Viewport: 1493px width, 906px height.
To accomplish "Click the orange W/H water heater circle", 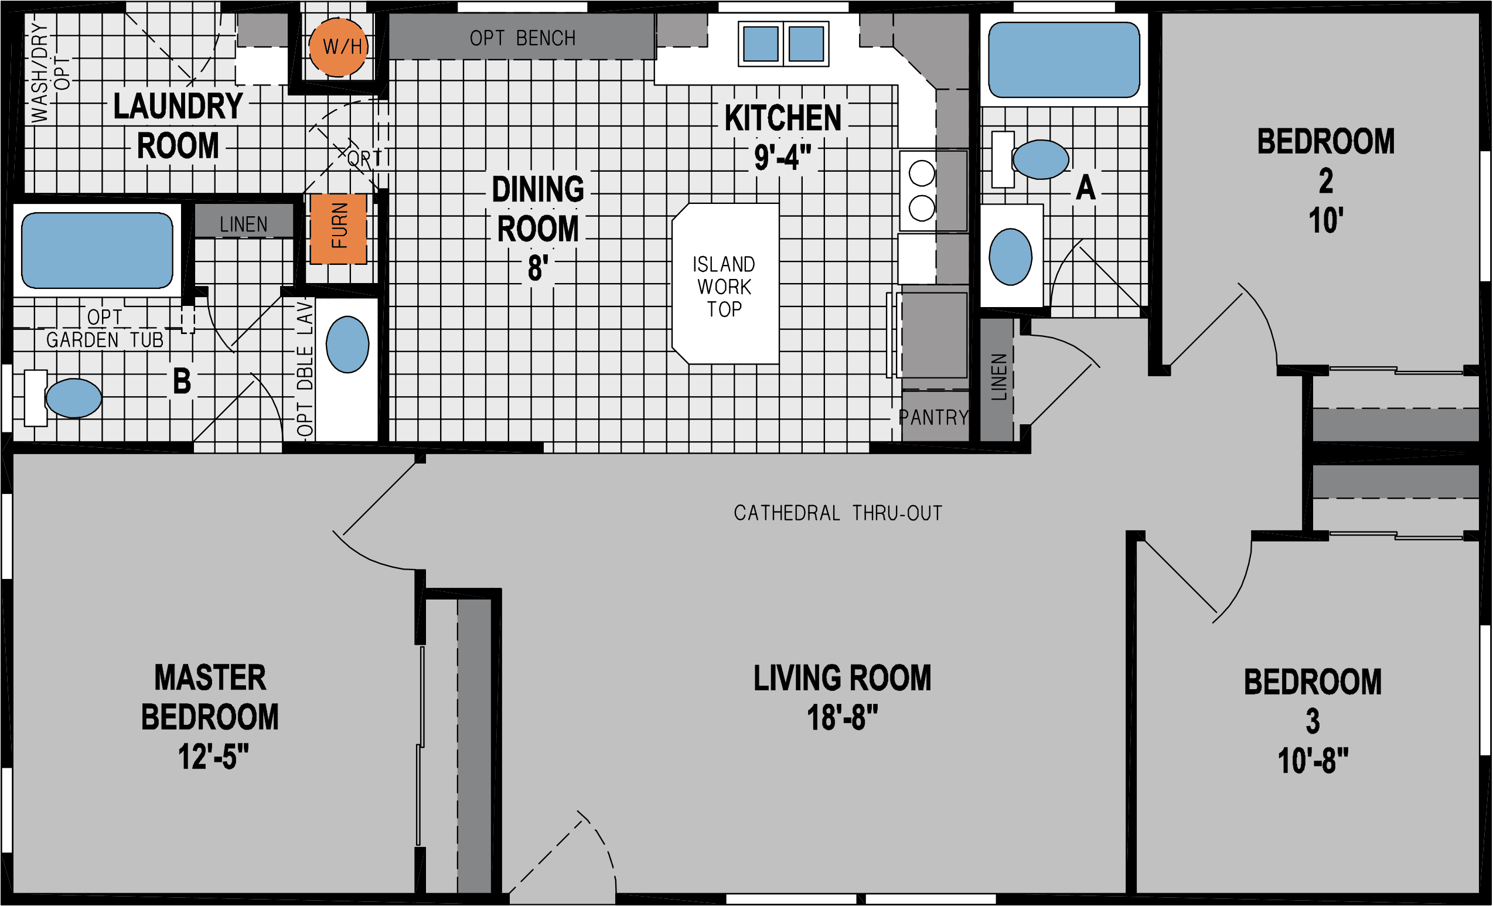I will tap(338, 47).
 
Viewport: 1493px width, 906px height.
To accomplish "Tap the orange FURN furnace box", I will tap(338, 229).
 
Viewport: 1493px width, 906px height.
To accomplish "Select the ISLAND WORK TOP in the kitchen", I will tap(725, 285).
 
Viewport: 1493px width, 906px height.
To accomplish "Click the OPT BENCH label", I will tap(522, 38).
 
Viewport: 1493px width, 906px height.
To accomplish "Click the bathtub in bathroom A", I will tap(1063, 59).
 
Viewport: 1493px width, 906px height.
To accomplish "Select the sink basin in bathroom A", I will tap(1010, 256).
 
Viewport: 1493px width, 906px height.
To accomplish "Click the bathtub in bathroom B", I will tap(97, 250).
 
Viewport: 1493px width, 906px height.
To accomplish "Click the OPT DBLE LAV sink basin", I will tap(347, 343).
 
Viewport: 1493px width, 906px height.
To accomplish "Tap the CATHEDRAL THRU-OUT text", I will tap(838, 513).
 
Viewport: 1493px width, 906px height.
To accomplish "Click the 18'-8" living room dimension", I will tap(842, 718).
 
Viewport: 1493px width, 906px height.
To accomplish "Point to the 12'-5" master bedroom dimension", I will tap(213, 758).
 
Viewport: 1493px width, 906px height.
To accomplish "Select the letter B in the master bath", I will tap(182, 382).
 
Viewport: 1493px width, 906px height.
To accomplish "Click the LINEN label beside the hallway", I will tap(998, 377).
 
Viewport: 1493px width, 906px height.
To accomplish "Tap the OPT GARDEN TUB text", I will tap(105, 329).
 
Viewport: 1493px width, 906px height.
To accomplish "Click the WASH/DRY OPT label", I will tap(50, 73).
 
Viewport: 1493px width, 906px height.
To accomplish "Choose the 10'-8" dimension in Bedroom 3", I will tap(1313, 761).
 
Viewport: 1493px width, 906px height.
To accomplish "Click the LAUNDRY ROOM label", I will tap(178, 126).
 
